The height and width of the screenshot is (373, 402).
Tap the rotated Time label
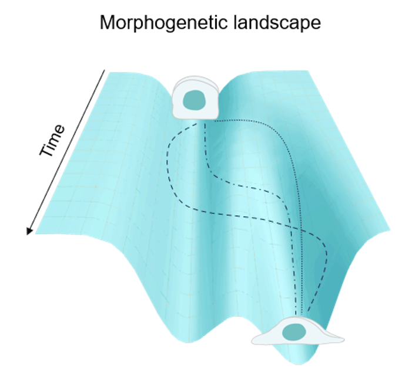tap(52, 141)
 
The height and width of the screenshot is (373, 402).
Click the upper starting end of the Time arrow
tap(105, 70)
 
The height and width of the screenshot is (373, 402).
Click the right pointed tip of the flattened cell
tap(343, 338)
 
